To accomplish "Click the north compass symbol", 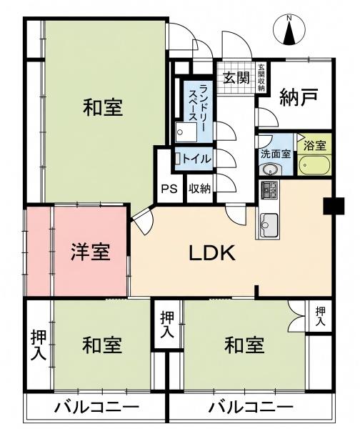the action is pos(289,30).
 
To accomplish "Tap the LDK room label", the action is pos(212,253).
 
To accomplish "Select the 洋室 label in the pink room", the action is pos(91,252).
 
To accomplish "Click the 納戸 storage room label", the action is pos(299,97).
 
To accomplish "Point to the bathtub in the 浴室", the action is pos(314,164).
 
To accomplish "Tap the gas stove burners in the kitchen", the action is pos(269,189).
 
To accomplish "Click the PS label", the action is pos(169,189).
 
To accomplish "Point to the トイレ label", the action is pos(196,159).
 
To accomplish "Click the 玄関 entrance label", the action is pos(236,78).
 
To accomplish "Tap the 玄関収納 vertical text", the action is pos(261,77).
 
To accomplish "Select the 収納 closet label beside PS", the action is pos(200,189).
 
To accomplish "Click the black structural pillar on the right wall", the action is pos(334,206).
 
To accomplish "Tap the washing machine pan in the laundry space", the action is pos(186,132).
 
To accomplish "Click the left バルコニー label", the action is pos(96,408).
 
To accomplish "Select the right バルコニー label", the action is pos(251,408).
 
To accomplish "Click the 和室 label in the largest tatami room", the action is pos(103,107).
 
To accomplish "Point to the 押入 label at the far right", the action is pos(321,316).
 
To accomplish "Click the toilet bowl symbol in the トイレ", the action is pos(178,159).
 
